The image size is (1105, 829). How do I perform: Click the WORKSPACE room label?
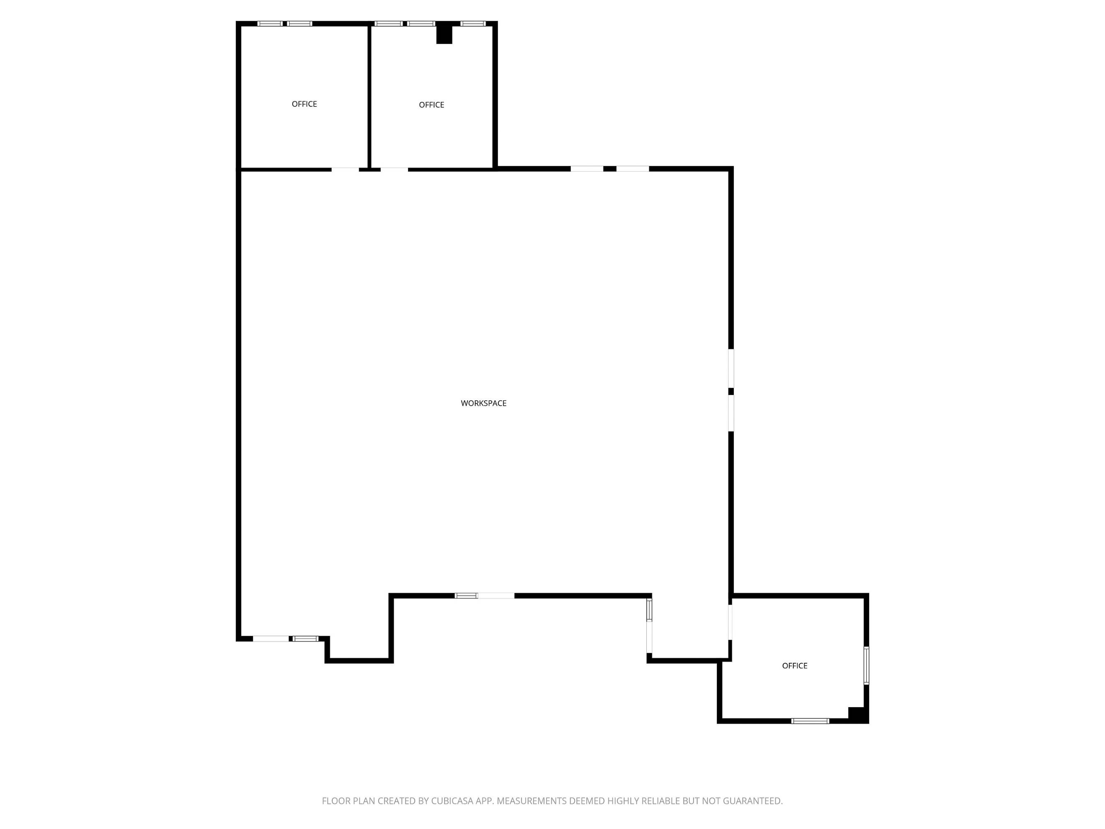pyautogui.click(x=483, y=403)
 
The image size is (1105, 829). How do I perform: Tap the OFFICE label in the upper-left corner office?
pyautogui.click(x=304, y=104)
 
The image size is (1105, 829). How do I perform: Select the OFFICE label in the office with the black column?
pyautogui.click(x=432, y=105)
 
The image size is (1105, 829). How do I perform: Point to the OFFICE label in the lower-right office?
pyautogui.click(x=794, y=666)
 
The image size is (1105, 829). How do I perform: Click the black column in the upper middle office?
pyautogui.click(x=444, y=34)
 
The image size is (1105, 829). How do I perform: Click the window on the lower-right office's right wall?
pyautogui.click(x=866, y=666)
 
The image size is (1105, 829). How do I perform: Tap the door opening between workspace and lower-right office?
pyautogui.click(x=730, y=622)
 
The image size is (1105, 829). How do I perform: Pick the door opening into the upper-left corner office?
pyautogui.click(x=345, y=170)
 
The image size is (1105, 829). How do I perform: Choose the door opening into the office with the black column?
pyautogui.click(x=394, y=170)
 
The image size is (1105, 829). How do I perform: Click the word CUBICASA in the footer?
pyautogui.click(x=452, y=801)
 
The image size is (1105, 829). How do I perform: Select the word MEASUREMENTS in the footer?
pyautogui.click(x=532, y=801)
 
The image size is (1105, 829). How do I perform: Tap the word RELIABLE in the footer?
pyautogui.click(x=660, y=801)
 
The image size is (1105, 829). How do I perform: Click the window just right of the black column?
pyautogui.click(x=473, y=24)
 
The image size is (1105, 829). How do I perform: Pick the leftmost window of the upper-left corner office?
pyautogui.click(x=270, y=24)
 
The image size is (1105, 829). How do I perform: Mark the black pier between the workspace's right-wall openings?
pyautogui.click(x=731, y=391)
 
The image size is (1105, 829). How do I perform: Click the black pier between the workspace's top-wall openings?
pyautogui.click(x=610, y=169)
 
